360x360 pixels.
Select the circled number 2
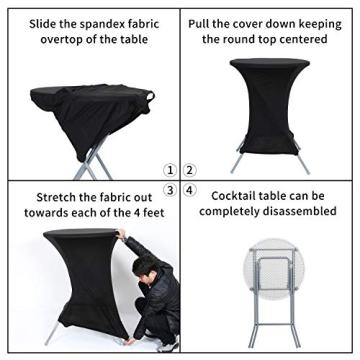click(x=190, y=170)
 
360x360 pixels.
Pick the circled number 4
click(x=190, y=187)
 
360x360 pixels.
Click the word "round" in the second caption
click(x=239, y=38)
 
